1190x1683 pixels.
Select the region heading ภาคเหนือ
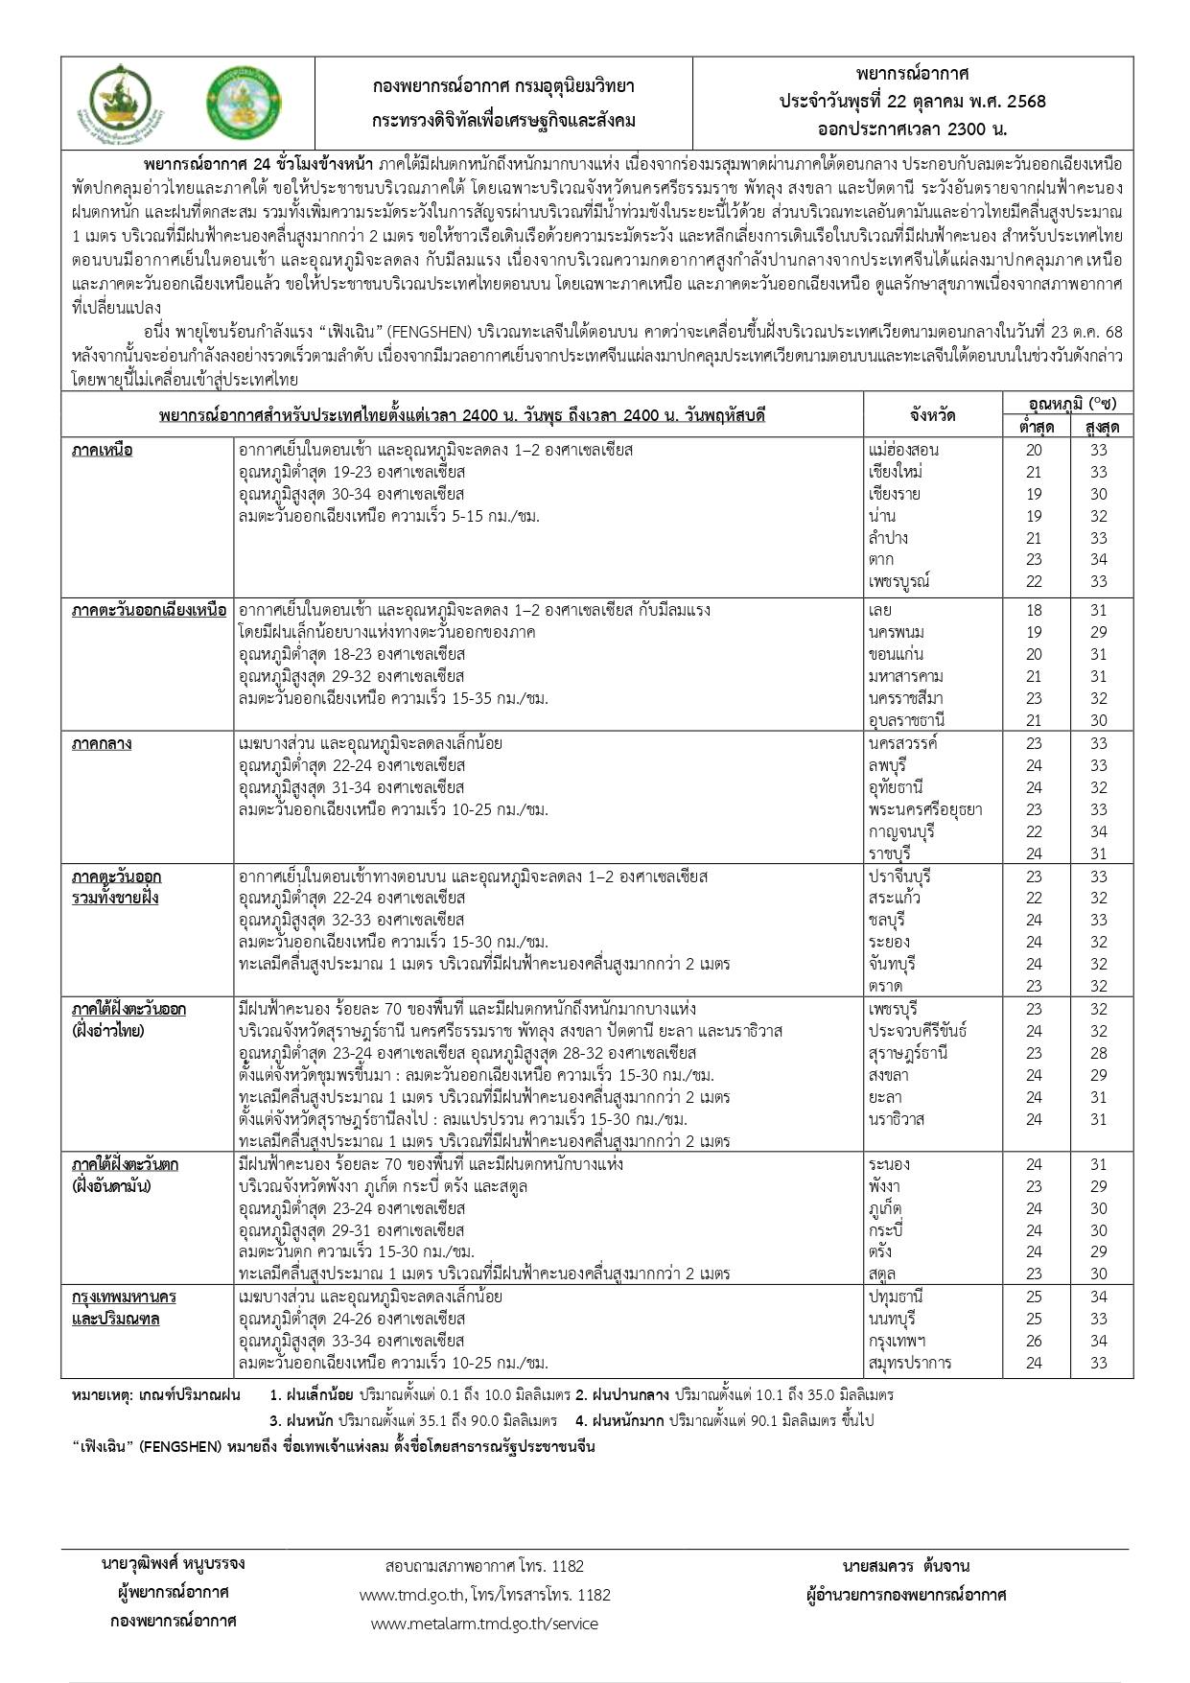pos(103,450)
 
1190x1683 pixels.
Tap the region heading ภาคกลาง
pos(102,743)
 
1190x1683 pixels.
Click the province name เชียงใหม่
pos(895,472)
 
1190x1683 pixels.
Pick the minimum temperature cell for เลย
pos(1034,610)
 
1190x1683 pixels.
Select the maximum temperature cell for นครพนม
pos(1098,632)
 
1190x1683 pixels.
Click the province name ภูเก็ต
pos(885,1208)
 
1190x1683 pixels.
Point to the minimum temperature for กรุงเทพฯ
pos(1034,1341)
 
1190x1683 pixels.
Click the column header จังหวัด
pos(932,415)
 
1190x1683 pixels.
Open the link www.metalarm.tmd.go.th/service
pos(484,1624)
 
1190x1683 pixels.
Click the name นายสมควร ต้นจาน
pos(906,1566)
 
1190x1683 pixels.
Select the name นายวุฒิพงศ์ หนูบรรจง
pos(174,1563)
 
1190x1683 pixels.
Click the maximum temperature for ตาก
pos(1098,559)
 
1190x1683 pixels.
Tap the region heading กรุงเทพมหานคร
pos(125,1297)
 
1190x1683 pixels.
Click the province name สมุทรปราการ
pos(910,1363)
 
